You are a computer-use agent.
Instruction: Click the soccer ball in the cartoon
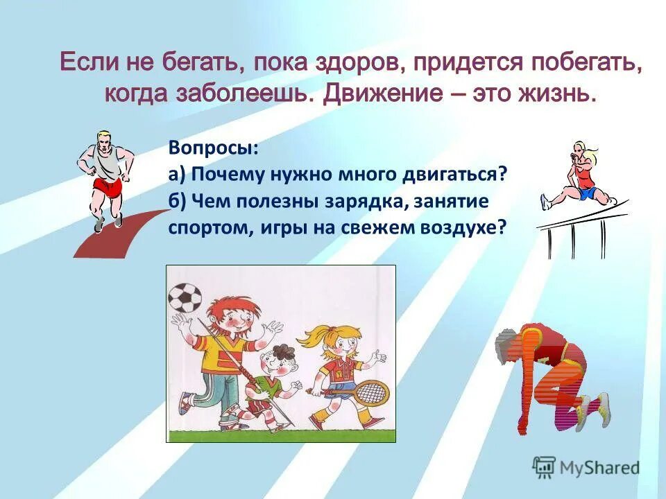point(185,299)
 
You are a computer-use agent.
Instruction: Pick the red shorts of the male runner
point(107,187)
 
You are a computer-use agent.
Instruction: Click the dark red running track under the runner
point(111,235)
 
